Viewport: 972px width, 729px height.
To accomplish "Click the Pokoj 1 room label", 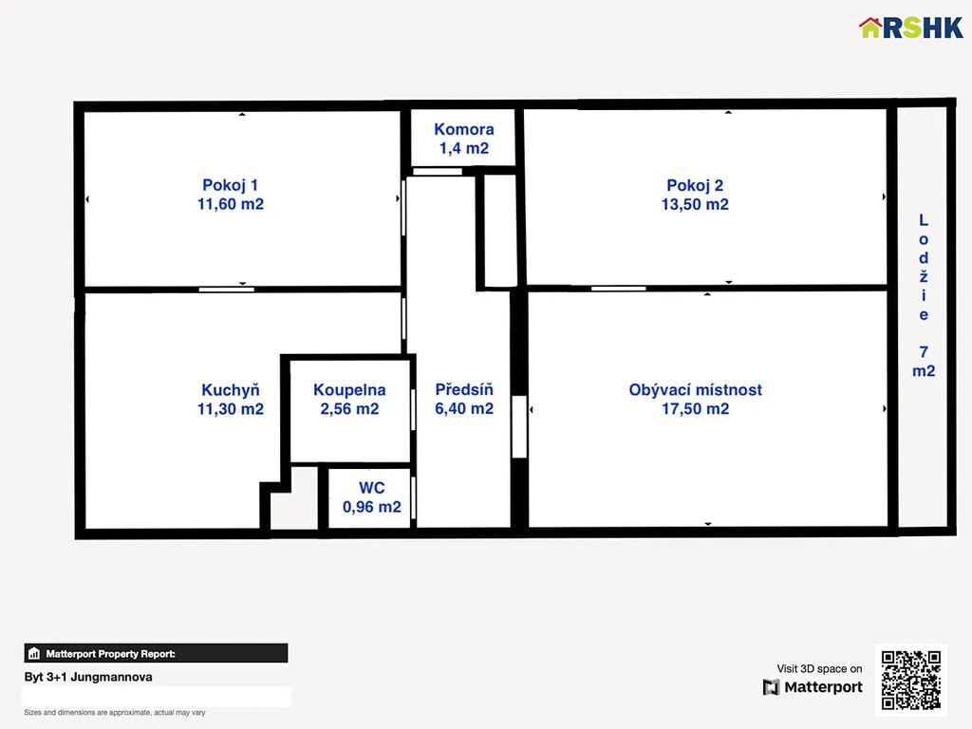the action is click(x=230, y=185).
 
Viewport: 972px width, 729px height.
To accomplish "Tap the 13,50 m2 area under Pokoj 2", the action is click(x=695, y=204).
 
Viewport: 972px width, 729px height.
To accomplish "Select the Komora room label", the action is click(x=463, y=129).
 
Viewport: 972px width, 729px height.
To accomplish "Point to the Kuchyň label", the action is click(x=230, y=390).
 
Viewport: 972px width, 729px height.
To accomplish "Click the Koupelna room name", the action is click(x=349, y=390).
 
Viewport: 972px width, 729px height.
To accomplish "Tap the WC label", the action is click(x=371, y=488).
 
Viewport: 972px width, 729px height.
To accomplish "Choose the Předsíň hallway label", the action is click(x=463, y=389).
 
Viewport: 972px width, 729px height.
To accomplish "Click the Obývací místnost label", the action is click(x=695, y=390).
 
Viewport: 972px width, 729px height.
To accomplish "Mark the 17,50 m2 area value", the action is click(x=695, y=408).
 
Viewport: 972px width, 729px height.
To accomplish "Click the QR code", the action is click(x=910, y=680).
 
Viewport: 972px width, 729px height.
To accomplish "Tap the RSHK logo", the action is click(x=910, y=28).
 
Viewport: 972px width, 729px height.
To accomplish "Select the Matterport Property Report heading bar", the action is click(x=157, y=653).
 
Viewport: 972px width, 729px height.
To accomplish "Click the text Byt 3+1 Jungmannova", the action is click(x=88, y=677).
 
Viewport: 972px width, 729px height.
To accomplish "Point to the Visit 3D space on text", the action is click(x=819, y=668).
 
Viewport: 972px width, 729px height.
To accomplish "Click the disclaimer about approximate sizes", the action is click(x=115, y=712).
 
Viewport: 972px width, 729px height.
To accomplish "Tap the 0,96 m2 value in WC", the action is click(x=371, y=507).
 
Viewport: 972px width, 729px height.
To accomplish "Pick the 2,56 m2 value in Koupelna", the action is click(x=349, y=408).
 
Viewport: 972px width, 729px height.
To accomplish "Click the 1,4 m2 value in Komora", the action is click(x=463, y=148).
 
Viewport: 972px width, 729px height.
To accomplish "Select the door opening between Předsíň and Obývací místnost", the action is click(x=519, y=426).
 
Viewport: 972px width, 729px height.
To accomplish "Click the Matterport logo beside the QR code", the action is click(x=813, y=687).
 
